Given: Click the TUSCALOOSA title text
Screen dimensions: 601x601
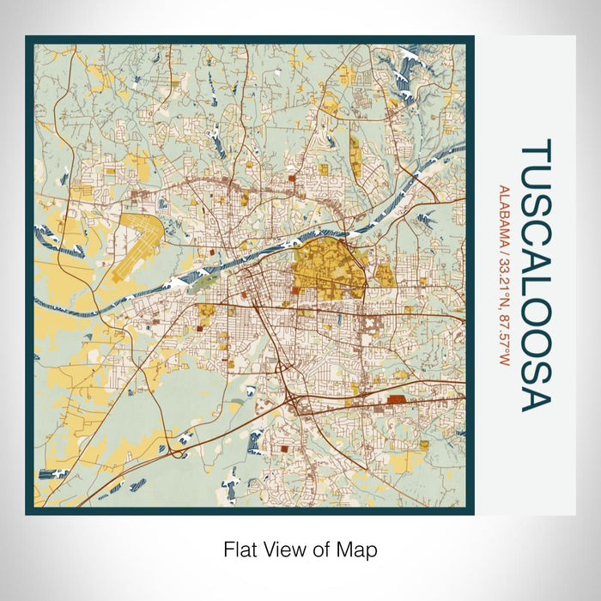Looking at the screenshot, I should pyautogui.click(x=535, y=275).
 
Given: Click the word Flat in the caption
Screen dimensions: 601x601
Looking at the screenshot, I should pyautogui.click(x=239, y=549).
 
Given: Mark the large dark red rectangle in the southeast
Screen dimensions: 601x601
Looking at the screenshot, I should pyautogui.click(x=397, y=399).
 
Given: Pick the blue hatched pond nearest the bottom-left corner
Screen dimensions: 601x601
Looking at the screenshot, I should pyautogui.click(x=46, y=473).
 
